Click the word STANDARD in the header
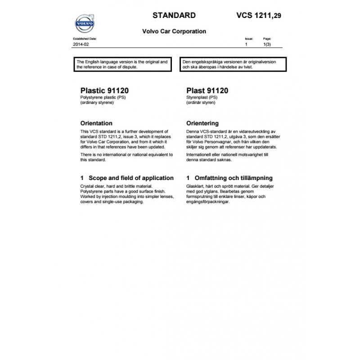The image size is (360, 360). [174, 15]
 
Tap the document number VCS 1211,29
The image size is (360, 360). [259, 15]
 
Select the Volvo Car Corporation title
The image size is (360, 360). [174, 31]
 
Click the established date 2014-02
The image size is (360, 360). [81, 45]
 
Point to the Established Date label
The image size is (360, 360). [85, 39]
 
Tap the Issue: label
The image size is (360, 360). [249, 39]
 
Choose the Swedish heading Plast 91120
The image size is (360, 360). [207, 90]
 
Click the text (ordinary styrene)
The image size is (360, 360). [97, 103]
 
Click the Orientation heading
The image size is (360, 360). [96, 123]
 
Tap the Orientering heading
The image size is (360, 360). [202, 123]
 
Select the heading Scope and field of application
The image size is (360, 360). [131, 178]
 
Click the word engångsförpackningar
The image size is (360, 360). [208, 202]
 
